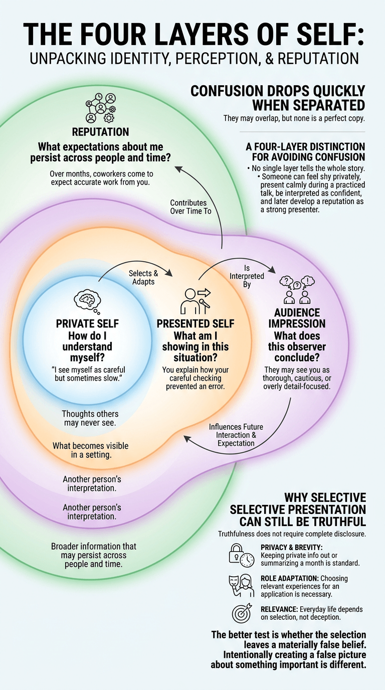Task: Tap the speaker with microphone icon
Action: click(196, 301)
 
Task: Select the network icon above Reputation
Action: click(100, 108)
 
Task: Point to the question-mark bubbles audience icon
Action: click(297, 290)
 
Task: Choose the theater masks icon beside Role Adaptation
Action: click(242, 586)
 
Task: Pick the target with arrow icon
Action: click(242, 613)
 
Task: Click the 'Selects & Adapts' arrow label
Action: click(143, 277)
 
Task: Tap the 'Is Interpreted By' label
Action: click(247, 276)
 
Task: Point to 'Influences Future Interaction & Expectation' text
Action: click(236, 435)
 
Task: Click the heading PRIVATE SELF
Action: click(87, 324)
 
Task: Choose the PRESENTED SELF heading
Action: click(196, 324)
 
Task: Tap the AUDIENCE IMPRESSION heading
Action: click(297, 318)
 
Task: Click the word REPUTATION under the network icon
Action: click(100, 132)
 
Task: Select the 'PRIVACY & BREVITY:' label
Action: click(291, 548)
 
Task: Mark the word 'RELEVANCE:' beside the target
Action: click(279, 609)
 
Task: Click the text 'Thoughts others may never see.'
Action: click(90, 418)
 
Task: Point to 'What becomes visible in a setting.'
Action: click(91, 450)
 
